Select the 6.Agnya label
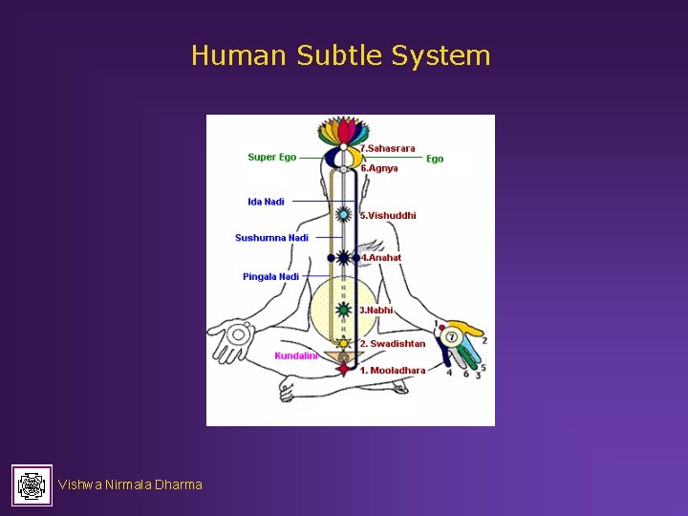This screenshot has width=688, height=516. [x=379, y=168]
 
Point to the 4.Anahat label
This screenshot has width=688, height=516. [x=380, y=257]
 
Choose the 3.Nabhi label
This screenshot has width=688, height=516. [x=376, y=311]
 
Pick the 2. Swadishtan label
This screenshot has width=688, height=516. [x=392, y=344]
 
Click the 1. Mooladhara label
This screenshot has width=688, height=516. [x=392, y=370]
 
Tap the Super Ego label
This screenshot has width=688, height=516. [x=271, y=157]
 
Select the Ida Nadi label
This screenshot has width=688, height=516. [x=266, y=202]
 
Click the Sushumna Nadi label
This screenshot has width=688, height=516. [x=271, y=238]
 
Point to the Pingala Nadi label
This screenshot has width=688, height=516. [x=270, y=277]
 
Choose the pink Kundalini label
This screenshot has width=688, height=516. [x=295, y=356]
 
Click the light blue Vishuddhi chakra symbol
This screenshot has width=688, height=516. [x=344, y=216]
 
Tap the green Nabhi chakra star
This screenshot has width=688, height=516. [x=344, y=310]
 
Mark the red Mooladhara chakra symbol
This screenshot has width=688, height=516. [x=343, y=368]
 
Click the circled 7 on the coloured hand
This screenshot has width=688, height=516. [x=452, y=337]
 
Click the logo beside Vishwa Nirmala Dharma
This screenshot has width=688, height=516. [x=32, y=485]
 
